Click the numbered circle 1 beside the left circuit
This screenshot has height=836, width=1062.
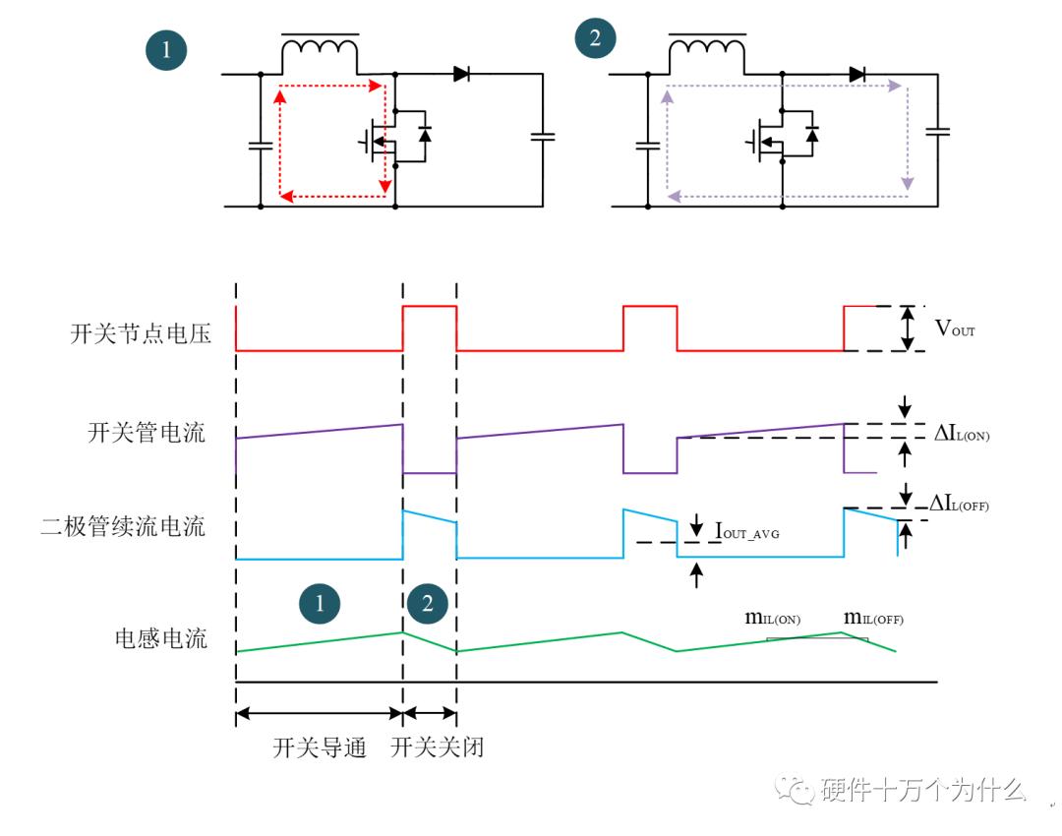[x=166, y=50]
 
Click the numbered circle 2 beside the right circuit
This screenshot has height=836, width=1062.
[x=595, y=40]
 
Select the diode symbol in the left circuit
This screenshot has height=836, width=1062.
[x=460, y=74]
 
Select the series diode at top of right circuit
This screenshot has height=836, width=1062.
[x=856, y=74]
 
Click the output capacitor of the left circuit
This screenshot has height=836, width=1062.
[x=543, y=137]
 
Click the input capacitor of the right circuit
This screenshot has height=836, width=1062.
[x=647, y=146]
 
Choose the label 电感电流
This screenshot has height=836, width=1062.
[x=161, y=638]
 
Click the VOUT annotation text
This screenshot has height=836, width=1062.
[x=955, y=328]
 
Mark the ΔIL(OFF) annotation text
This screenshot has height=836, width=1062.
[x=959, y=505]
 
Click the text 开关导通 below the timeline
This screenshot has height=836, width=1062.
[x=320, y=748]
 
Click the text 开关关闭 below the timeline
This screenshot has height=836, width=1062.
[x=437, y=748]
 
